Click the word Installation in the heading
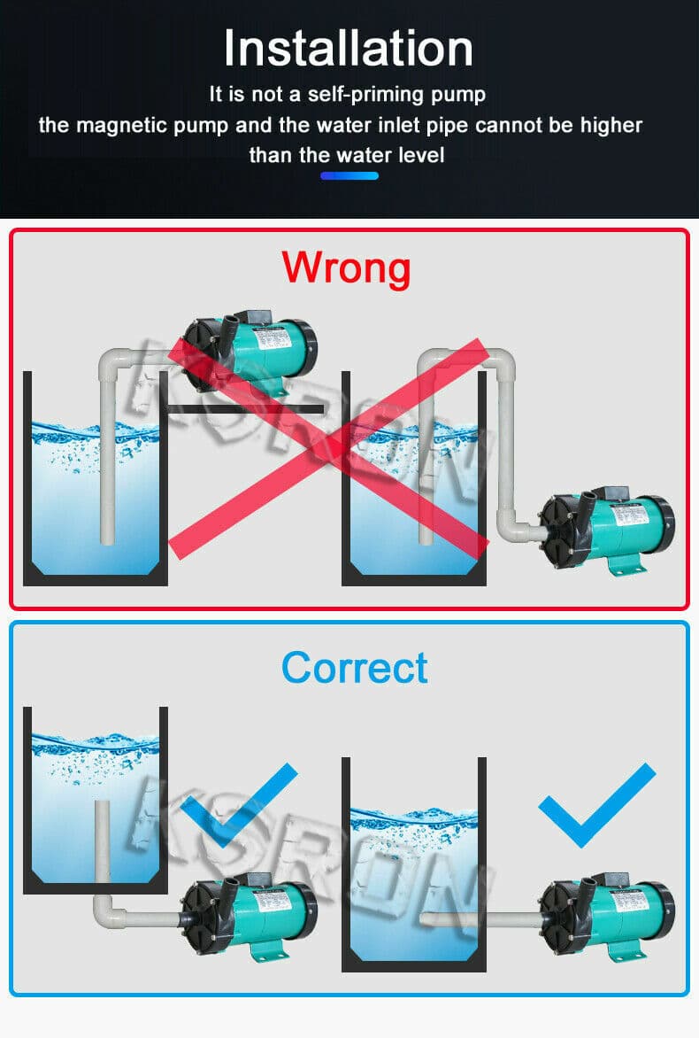pos(349,49)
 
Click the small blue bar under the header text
pos(349,176)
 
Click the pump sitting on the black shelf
pos(250,351)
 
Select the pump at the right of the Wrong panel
pos(607,531)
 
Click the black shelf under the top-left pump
pos(246,409)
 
